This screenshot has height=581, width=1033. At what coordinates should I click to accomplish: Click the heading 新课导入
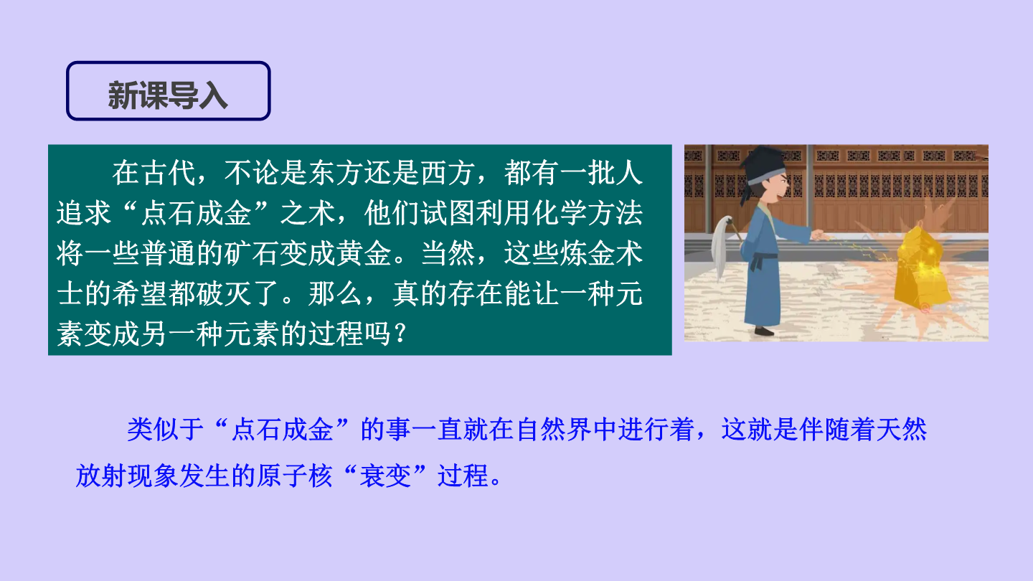point(168,95)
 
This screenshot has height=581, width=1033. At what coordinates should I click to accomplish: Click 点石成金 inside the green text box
point(196,214)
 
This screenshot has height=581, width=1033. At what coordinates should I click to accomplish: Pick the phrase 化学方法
point(588,214)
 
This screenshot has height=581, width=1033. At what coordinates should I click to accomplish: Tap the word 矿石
point(252,254)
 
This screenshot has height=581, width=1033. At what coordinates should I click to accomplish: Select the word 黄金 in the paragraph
point(364,254)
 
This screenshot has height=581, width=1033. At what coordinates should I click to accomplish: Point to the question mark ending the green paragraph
point(400,333)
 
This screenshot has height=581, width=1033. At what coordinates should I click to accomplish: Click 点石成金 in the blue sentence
point(282,429)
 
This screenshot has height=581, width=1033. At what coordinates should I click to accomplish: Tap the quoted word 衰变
point(385,476)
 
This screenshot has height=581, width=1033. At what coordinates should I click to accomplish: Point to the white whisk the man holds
point(722,245)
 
